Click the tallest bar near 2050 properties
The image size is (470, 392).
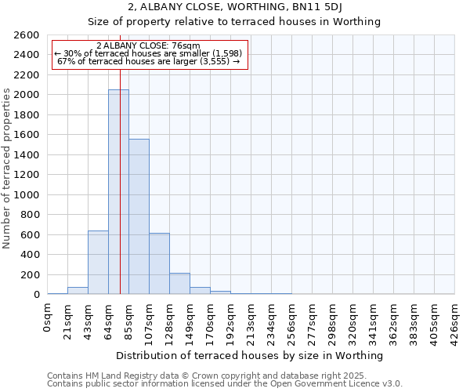(118, 192)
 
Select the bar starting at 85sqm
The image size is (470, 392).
(139, 216)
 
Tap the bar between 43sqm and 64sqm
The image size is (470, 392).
(98, 262)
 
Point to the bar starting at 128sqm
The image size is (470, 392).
(179, 284)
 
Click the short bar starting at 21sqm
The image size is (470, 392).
(78, 291)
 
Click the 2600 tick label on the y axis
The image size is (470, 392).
(27, 35)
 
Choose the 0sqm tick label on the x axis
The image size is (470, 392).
(48, 318)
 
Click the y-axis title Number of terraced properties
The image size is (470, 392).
(8, 169)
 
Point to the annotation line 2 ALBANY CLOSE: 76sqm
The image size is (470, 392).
(149, 45)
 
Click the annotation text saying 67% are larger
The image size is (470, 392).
(149, 61)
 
